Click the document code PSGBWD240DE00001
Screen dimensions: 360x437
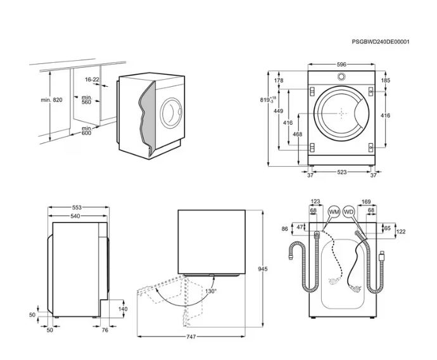click(x=380, y=42)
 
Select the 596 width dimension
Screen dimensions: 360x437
click(x=341, y=65)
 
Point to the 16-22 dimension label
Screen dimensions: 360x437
click(x=92, y=79)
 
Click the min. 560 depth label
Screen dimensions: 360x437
click(x=86, y=100)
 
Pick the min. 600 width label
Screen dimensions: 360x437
click(x=85, y=130)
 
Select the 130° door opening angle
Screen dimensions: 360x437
click(x=210, y=291)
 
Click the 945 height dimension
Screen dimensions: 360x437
click(x=262, y=269)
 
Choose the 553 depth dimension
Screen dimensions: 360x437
click(x=76, y=207)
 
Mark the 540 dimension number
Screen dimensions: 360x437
click(x=76, y=216)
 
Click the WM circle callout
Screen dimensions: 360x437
click(x=334, y=212)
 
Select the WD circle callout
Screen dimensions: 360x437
click(x=348, y=212)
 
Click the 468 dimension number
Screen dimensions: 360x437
click(x=298, y=134)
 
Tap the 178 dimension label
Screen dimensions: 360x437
click(x=279, y=80)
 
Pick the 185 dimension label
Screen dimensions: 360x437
click(x=386, y=80)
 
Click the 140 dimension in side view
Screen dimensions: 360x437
click(x=123, y=309)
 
